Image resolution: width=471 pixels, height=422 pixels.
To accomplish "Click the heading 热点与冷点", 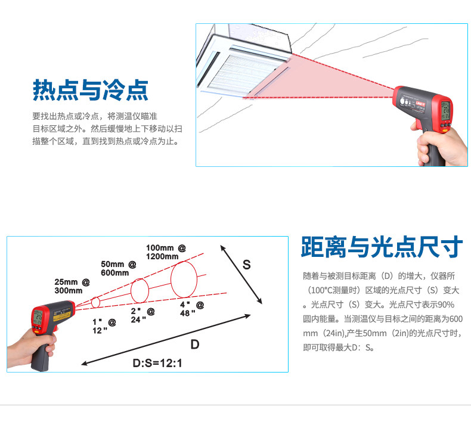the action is click(x=91, y=90).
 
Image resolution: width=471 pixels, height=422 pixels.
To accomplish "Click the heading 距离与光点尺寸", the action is click(x=382, y=247).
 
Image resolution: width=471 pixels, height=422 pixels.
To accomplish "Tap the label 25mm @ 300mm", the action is click(x=72, y=286).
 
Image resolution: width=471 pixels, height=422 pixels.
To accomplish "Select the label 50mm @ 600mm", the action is click(x=119, y=268).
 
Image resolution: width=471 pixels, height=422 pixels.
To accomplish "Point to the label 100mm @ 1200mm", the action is click(x=166, y=252).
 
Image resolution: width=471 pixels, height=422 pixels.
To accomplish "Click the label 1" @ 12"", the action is click(x=104, y=326).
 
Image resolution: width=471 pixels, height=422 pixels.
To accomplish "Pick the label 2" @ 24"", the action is click(x=142, y=315).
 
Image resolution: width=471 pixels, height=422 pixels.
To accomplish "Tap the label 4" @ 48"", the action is click(x=192, y=309).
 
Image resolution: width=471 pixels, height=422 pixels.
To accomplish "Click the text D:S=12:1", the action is click(x=157, y=363).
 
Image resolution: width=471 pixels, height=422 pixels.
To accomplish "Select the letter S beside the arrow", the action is click(x=247, y=265).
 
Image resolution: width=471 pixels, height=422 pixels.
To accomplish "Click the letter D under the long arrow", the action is click(x=195, y=344).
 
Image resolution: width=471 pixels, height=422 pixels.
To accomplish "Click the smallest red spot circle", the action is click(x=92, y=302).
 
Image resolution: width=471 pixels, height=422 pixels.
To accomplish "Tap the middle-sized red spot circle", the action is click(x=131, y=291).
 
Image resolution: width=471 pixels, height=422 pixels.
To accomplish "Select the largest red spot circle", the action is click(x=171, y=280).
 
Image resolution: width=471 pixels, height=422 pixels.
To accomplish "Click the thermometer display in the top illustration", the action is click(x=445, y=111).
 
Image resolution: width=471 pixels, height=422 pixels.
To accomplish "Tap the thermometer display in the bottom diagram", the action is click(x=38, y=317).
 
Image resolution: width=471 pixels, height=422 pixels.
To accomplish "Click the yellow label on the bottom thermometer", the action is click(x=62, y=316).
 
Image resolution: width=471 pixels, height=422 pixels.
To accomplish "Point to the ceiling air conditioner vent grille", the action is click(x=246, y=73).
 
